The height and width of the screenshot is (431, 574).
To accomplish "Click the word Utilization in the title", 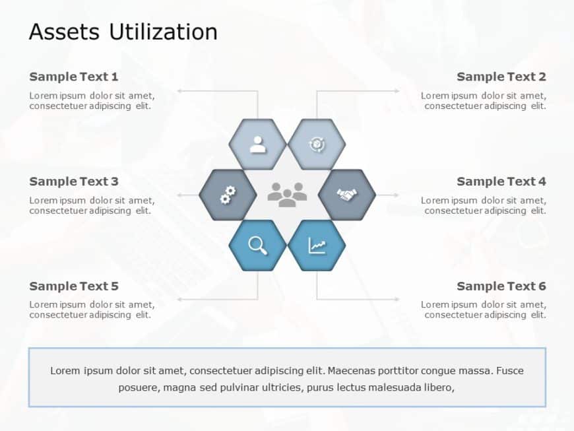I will pyautogui.click(x=163, y=32).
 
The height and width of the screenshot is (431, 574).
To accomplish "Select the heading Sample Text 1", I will pyautogui.click(x=74, y=77).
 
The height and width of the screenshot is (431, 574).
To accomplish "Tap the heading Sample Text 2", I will pyautogui.click(x=501, y=77).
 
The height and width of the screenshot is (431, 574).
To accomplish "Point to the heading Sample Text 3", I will pyautogui.click(x=74, y=182).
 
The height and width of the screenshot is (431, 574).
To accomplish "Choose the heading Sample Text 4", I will pyautogui.click(x=501, y=182).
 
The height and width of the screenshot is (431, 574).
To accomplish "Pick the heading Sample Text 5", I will pyautogui.click(x=74, y=286).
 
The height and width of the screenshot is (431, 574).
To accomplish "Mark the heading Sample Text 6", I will pyautogui.click(x=501, y=286).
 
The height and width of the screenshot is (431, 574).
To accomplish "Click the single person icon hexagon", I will pyautogui.click(x=258, y=145).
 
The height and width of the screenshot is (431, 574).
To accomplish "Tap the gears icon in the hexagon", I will pyautogui.click(x=228, y=195).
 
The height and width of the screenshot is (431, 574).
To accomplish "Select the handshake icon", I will pyautogui.click(x=347, y=195).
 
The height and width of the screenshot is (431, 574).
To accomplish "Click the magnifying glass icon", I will pyautogui.click(x=258, y=246).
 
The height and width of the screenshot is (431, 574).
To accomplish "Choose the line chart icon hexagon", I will pyautogui.click(x=317, y=246).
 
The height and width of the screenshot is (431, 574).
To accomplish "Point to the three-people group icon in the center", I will pyautogui.click(x=288, y=195).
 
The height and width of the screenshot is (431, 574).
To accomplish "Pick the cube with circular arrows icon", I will pyautogui.click(x=317, y=145).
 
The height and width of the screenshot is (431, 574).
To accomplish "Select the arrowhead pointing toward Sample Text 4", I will pyautogui.click(x=396, y=195).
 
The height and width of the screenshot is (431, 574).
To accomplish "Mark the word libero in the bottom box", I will pyautogui.click(x=439, y=387).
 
